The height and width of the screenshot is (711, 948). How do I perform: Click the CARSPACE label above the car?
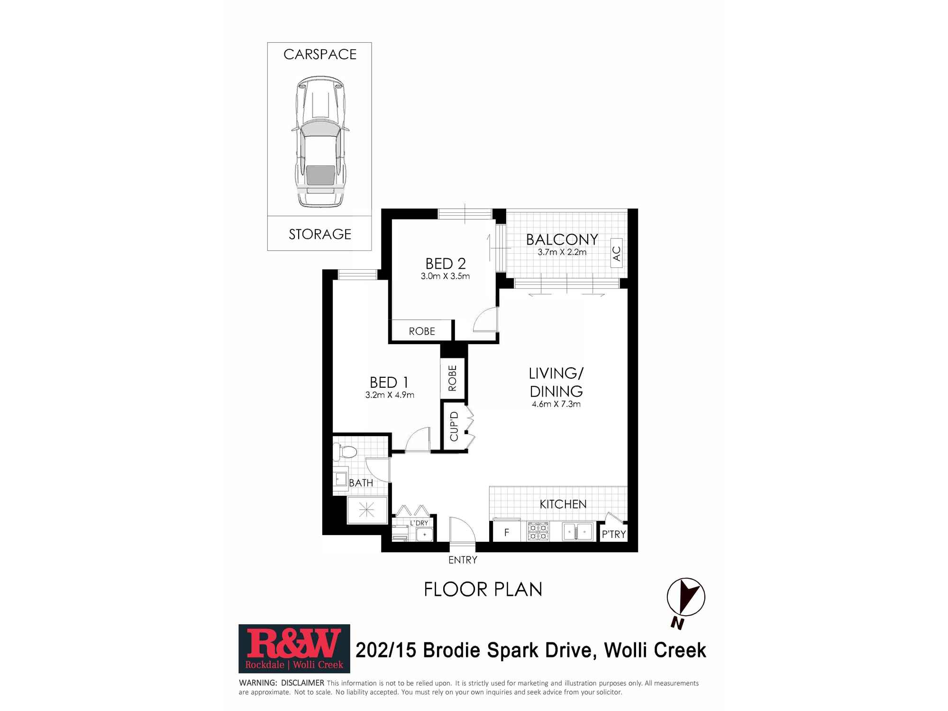320,55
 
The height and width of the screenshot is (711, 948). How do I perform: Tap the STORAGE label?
320,234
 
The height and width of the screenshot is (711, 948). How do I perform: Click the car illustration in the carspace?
320,142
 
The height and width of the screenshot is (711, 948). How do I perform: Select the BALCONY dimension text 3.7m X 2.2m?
562,252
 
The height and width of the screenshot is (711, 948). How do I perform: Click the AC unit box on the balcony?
616,253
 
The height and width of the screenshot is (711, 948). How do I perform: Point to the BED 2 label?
445,264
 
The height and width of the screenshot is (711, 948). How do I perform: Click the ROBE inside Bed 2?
421,331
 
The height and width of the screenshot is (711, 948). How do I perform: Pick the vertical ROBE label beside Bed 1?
452,378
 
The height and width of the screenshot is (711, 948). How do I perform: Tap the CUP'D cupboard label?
454,426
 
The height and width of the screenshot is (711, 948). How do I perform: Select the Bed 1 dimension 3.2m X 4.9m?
390,395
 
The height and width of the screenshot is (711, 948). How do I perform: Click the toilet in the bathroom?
344,452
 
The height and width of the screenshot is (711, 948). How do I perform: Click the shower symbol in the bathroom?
367,510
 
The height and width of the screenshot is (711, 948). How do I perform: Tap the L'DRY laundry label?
419,523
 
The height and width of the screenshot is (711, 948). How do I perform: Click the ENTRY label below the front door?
463,560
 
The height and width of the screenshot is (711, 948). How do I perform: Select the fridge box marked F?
506,532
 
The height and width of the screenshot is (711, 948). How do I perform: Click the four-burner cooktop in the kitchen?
538,531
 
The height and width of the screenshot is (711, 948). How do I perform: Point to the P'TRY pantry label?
613,534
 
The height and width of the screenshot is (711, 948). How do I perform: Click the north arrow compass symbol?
685,598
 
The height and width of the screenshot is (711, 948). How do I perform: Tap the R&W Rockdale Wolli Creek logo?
294,648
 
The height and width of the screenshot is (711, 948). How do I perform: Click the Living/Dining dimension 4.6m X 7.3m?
556,404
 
